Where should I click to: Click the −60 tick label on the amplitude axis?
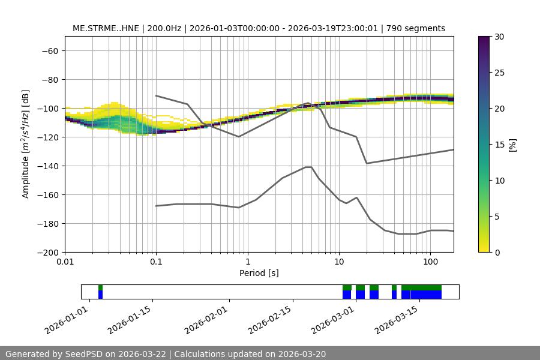49,50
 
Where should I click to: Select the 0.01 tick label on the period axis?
65,262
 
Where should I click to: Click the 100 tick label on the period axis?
430,262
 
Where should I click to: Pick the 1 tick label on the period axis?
247,262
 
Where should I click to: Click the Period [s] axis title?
259,273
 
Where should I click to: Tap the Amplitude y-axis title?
25,144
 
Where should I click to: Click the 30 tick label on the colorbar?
499,37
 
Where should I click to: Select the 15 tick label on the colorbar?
499,145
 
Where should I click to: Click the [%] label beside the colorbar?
512,145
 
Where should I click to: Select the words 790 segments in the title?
416,28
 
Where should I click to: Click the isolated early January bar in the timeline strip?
100,292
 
